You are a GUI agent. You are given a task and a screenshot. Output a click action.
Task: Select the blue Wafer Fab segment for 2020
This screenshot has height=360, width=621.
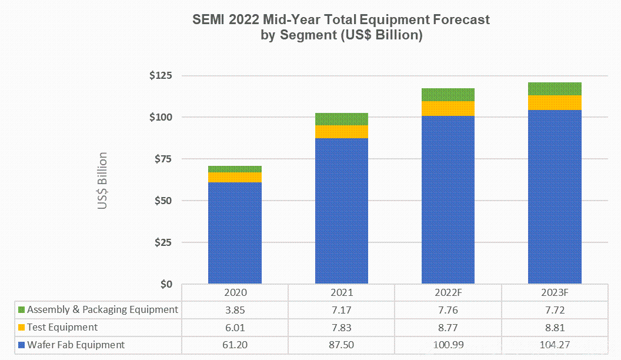(235, 232)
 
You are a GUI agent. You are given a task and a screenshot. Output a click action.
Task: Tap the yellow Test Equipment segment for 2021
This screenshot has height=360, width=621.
(341, 132)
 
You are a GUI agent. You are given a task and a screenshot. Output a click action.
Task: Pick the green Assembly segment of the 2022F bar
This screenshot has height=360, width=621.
(448, 95)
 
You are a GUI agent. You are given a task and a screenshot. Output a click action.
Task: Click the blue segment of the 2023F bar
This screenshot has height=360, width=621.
(554, 197)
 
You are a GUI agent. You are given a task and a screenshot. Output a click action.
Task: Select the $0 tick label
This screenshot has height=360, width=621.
(167, 284)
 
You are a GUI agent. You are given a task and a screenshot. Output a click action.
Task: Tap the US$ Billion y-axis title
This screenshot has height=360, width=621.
(103, 181)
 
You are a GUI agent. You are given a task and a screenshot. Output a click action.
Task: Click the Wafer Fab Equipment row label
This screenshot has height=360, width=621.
(76, 345)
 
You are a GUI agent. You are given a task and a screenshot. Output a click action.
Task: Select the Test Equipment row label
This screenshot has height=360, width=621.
(62, 327)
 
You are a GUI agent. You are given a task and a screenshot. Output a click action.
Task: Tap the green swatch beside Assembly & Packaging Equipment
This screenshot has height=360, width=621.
(22, 309)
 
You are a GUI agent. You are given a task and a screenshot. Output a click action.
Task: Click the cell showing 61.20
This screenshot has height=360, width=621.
(235, 345)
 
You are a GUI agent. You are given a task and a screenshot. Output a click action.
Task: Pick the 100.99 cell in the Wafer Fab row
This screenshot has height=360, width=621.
(448, 345)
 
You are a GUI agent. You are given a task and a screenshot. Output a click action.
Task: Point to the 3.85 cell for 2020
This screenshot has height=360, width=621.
(235, 309)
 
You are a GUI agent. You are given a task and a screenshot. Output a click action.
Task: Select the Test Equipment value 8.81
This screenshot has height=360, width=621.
(554, 327)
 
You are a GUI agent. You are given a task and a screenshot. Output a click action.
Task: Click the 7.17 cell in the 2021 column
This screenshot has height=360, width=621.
(341, 309)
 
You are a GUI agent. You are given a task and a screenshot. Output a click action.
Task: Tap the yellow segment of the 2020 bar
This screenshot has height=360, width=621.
(235, 177)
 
